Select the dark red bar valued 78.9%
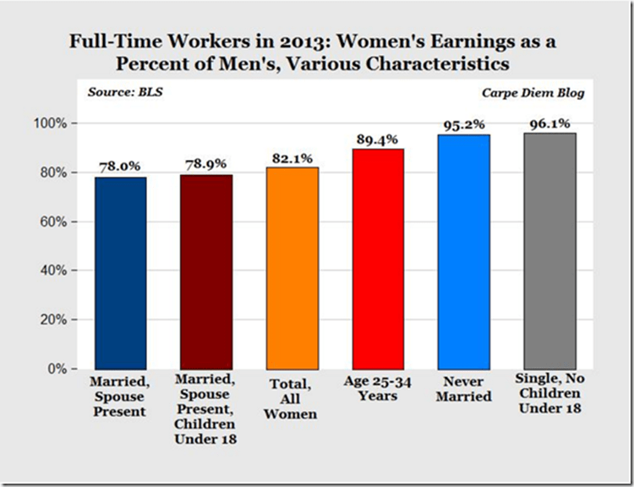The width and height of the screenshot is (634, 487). tap(206, 271)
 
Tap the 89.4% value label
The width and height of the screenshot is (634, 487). tap(378, 140)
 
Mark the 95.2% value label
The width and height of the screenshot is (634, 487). tap(464, 125)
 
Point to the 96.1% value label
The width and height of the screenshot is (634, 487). tap(550, 123)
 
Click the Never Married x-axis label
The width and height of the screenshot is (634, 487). tap(464, 389)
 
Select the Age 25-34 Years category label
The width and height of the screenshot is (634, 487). tap(378, 389)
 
